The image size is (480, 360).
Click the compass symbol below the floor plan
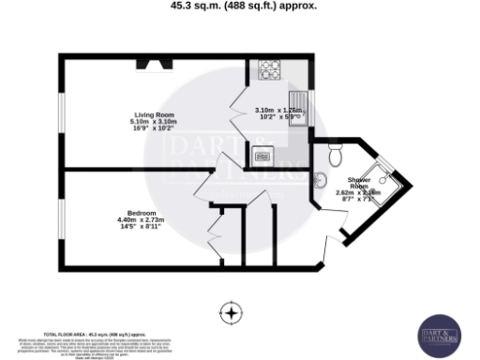pos(231,312)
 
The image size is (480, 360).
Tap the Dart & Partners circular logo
pos(439,334)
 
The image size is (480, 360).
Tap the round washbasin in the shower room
pos(320,183)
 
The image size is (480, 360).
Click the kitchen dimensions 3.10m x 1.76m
pos(280,111)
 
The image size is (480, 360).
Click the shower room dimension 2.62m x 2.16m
pos(359,191)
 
